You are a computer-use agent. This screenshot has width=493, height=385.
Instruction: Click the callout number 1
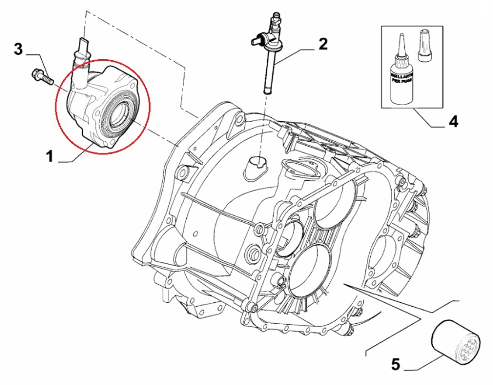pyautogui.click(x=49, y=157)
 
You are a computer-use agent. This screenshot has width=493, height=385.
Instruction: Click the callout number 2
pyautogui.click(x=324, y=44)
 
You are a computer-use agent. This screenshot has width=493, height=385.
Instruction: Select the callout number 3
pyautogui.click(x=19, y=49)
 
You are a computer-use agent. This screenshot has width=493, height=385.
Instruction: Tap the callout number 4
pyautogui.click(x=453, y=121)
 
